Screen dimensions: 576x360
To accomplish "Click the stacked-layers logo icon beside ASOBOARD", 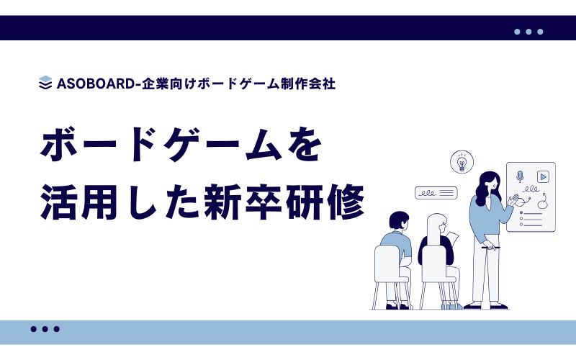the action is click(x=45, y=83).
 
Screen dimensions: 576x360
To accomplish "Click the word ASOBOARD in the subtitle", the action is click(x=96, y=84).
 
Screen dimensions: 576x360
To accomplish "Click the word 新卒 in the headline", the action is click(x=244, y=202).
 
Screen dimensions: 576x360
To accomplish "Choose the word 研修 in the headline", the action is click(x=325, y=202).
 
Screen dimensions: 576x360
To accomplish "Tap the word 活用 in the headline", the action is click(x=79, y=202).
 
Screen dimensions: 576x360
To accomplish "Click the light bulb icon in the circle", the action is click(x=462, y=161).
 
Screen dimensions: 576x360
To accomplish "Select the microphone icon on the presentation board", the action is click(x=519, y=176).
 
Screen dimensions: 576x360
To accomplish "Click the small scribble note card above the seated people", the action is click(x=436, y=193).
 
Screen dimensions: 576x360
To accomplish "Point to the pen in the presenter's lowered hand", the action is click(x=491, y=248).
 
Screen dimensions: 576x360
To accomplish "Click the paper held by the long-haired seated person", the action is click(x=453, y=240).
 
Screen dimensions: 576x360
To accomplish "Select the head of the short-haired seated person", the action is click(x=399, y=221).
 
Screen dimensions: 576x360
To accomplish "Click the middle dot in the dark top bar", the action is click(x=528, y=32).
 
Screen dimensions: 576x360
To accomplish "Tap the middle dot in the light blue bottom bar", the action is click(x=45, y=329).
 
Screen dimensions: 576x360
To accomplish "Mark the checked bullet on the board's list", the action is click(x=521, y=212).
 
